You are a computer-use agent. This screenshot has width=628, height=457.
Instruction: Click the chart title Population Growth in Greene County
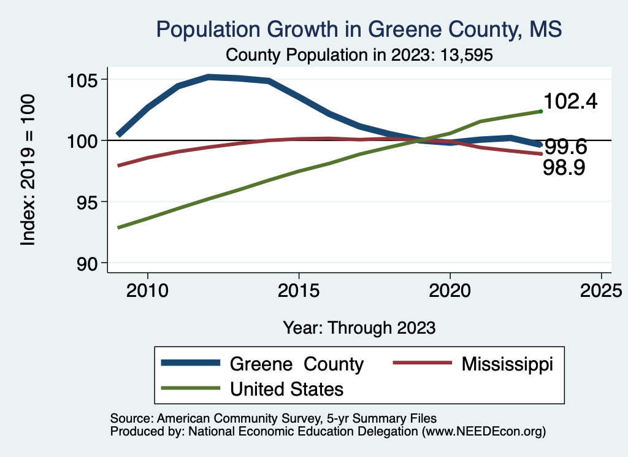click(x=359, y=29)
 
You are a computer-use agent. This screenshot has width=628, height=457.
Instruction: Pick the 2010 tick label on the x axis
click(x=147, y=289)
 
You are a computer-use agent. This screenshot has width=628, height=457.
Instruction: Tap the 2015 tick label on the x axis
click(x=299, y=289)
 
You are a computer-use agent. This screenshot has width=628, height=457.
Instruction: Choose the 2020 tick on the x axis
click(x=450, y=289)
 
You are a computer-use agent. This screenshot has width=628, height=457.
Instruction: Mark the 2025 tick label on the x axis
click(x=601, y=289)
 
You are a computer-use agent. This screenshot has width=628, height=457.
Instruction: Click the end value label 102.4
click(x=570, y=102)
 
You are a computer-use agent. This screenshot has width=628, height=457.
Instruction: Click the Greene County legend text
click(x=297, y=364)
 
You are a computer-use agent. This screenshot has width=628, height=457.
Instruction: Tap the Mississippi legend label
click(x=507, y=364)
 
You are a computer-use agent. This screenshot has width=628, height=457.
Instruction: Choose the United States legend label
click(x=286, y=389)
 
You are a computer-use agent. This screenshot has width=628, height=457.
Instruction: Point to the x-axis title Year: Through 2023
click(x=359, y=328)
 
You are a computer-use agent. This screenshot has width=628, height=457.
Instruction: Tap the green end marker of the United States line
click(x=541, y=111)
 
